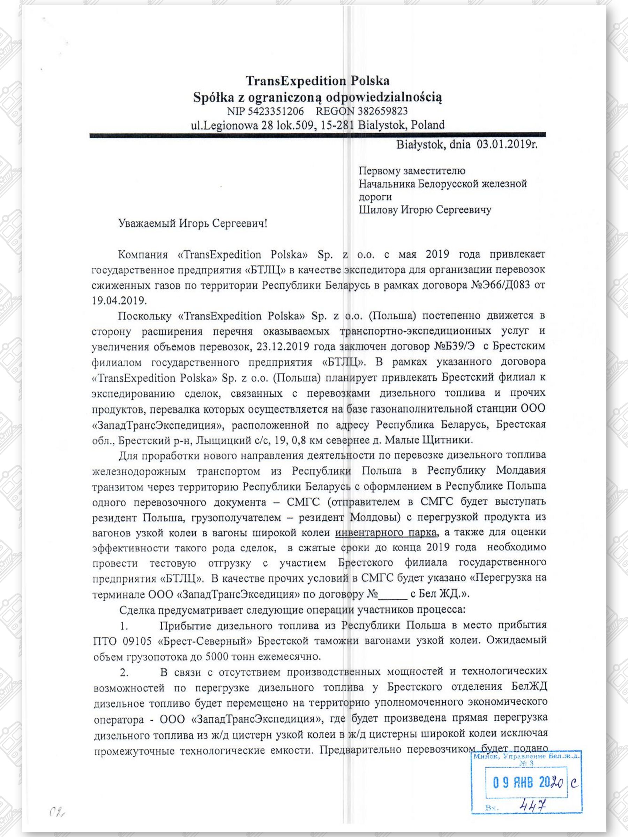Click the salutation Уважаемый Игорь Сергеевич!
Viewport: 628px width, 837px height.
(x=193, y=223)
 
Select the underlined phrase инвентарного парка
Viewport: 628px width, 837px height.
(x=386, y=533)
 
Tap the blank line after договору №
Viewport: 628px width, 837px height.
(x=393, y=594)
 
